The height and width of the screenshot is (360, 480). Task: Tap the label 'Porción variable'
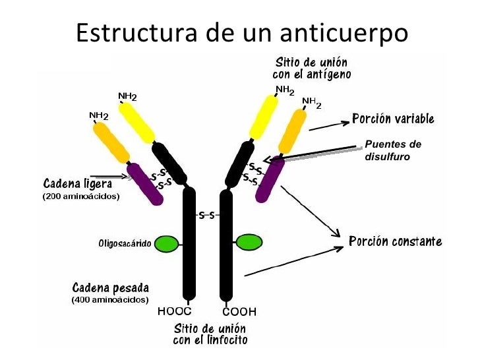coord(393,119)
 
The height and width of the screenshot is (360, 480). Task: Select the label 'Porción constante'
coord(395,241)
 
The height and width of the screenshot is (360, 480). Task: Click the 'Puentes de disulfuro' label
coord(392,150)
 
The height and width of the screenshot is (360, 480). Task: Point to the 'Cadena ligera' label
coord(78,183)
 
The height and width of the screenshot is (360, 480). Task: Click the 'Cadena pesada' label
coord(110,288)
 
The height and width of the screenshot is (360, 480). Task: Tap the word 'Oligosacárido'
coord(125,244)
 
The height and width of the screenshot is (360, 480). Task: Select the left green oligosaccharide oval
coord(167,244)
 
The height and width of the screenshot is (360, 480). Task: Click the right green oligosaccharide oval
coord(249,243)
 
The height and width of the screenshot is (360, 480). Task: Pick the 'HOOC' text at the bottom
coord(174,311)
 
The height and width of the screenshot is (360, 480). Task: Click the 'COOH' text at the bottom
coord(239,311)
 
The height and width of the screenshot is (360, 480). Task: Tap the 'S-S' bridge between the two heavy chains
coord(207,215)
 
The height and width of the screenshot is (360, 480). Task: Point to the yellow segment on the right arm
coord(262,117)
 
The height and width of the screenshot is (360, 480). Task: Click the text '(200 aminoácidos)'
coord(81,196)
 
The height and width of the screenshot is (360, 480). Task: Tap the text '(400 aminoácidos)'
coord(110,301)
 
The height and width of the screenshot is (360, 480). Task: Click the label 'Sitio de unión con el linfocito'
coord(210,334)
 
